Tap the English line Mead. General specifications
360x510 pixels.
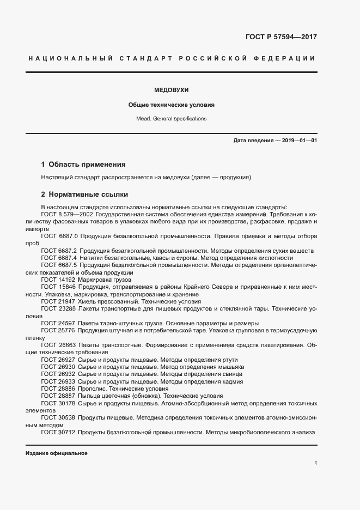pyautogui.click(x=171, y=118)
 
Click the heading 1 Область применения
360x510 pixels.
pyautogui.click(x=83, y=164)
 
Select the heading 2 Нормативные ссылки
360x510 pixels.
pyautogui.click(x=84, y=194)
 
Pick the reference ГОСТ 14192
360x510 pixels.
pyautogui.click(x=58, y=279)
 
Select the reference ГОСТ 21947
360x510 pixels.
pyautogui.click(x=58, y=301)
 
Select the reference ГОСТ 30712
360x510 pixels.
pyautogui.click(x=58, y=433)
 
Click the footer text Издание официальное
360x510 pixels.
pyautogui.click(x=56, y=453)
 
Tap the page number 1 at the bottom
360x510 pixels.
pyautogui.click(x=315, y=463)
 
